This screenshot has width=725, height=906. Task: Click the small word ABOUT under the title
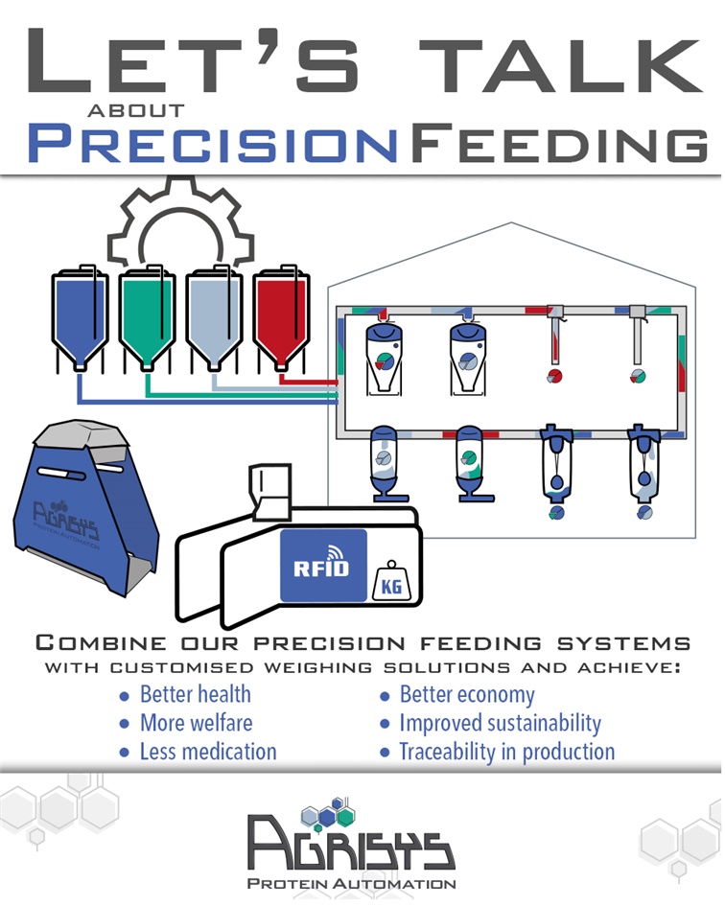click(x=136, y=110)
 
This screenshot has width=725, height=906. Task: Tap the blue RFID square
click(x=323, y=566)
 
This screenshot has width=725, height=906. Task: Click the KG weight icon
click(x=391, y=583)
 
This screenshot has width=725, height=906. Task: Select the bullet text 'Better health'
click(x=196, y=694)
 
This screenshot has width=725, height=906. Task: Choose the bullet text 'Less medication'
click(x=208, y=752)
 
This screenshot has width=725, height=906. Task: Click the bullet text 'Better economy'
click(x=467, y=695)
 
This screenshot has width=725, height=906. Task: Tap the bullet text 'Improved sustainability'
click(x=500, y=724)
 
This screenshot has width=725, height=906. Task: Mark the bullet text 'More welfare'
click(x=196, y=723)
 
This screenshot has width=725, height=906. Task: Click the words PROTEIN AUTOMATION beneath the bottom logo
click(x=352, y=883)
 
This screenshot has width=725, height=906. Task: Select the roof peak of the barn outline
click(x=511, y=222)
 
